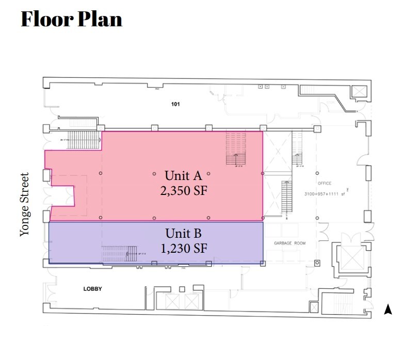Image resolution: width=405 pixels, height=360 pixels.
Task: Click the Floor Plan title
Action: tap(71, 19)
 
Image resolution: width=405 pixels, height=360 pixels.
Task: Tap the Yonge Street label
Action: tap(25, 204)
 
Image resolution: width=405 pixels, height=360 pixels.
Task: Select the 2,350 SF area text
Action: tap(184, 191)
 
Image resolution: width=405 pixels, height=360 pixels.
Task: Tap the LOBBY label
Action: tap(92, 289)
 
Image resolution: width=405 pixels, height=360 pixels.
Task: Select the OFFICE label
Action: tap(325, 183)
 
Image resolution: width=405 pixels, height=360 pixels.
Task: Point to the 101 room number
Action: tap(175, 104)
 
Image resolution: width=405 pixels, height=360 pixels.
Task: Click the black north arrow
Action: tap(388, 309)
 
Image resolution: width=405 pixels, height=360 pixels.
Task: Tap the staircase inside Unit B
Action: tap(119, 253)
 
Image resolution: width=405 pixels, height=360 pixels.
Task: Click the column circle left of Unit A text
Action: tap(154, 173)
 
